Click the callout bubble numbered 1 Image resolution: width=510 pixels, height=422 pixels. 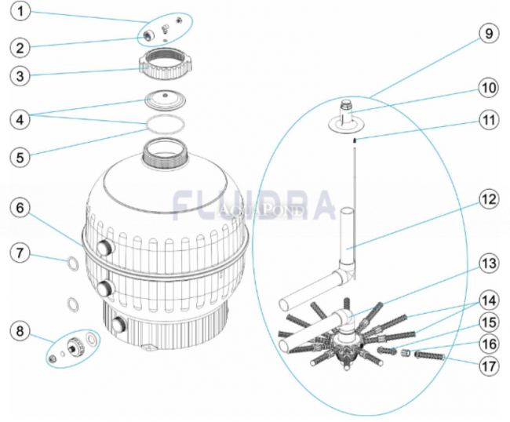tap(20, 12)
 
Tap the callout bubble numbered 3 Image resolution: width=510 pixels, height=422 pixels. tap(20, 76)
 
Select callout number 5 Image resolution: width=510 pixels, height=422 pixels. tap(20, 158)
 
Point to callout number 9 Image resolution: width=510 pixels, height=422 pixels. tap(489, 34)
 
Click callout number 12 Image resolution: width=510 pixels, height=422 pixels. tap(489, 199)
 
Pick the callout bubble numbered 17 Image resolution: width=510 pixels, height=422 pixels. tap(489, 366)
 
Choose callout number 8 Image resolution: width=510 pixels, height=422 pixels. tap(20, 331)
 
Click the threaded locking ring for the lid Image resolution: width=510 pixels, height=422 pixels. tap(166, 64)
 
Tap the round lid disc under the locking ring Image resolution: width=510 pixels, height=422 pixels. tap(166, 100)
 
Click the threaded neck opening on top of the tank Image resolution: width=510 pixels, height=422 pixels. tap(166, 151)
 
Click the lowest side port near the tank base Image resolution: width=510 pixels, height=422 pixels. tap(119, 325)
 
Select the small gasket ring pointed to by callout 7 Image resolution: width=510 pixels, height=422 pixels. tap(73, 264)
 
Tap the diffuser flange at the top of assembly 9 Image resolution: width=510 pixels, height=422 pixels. tap(345, 122)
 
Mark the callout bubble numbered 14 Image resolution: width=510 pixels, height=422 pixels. tap(489, 300)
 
